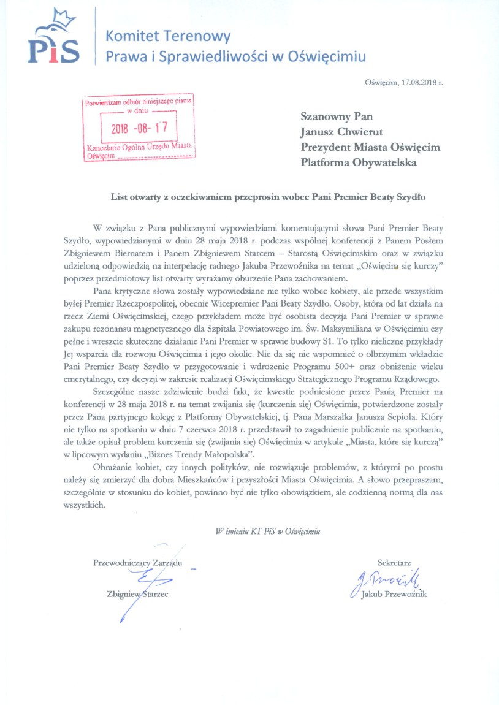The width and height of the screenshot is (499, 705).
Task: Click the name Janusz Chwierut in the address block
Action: point(342,131)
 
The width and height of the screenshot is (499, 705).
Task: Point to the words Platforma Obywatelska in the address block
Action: point(359,162)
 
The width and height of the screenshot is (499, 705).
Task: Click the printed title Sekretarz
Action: point(394,562)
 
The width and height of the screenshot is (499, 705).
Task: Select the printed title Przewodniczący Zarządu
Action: point(137,562)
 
